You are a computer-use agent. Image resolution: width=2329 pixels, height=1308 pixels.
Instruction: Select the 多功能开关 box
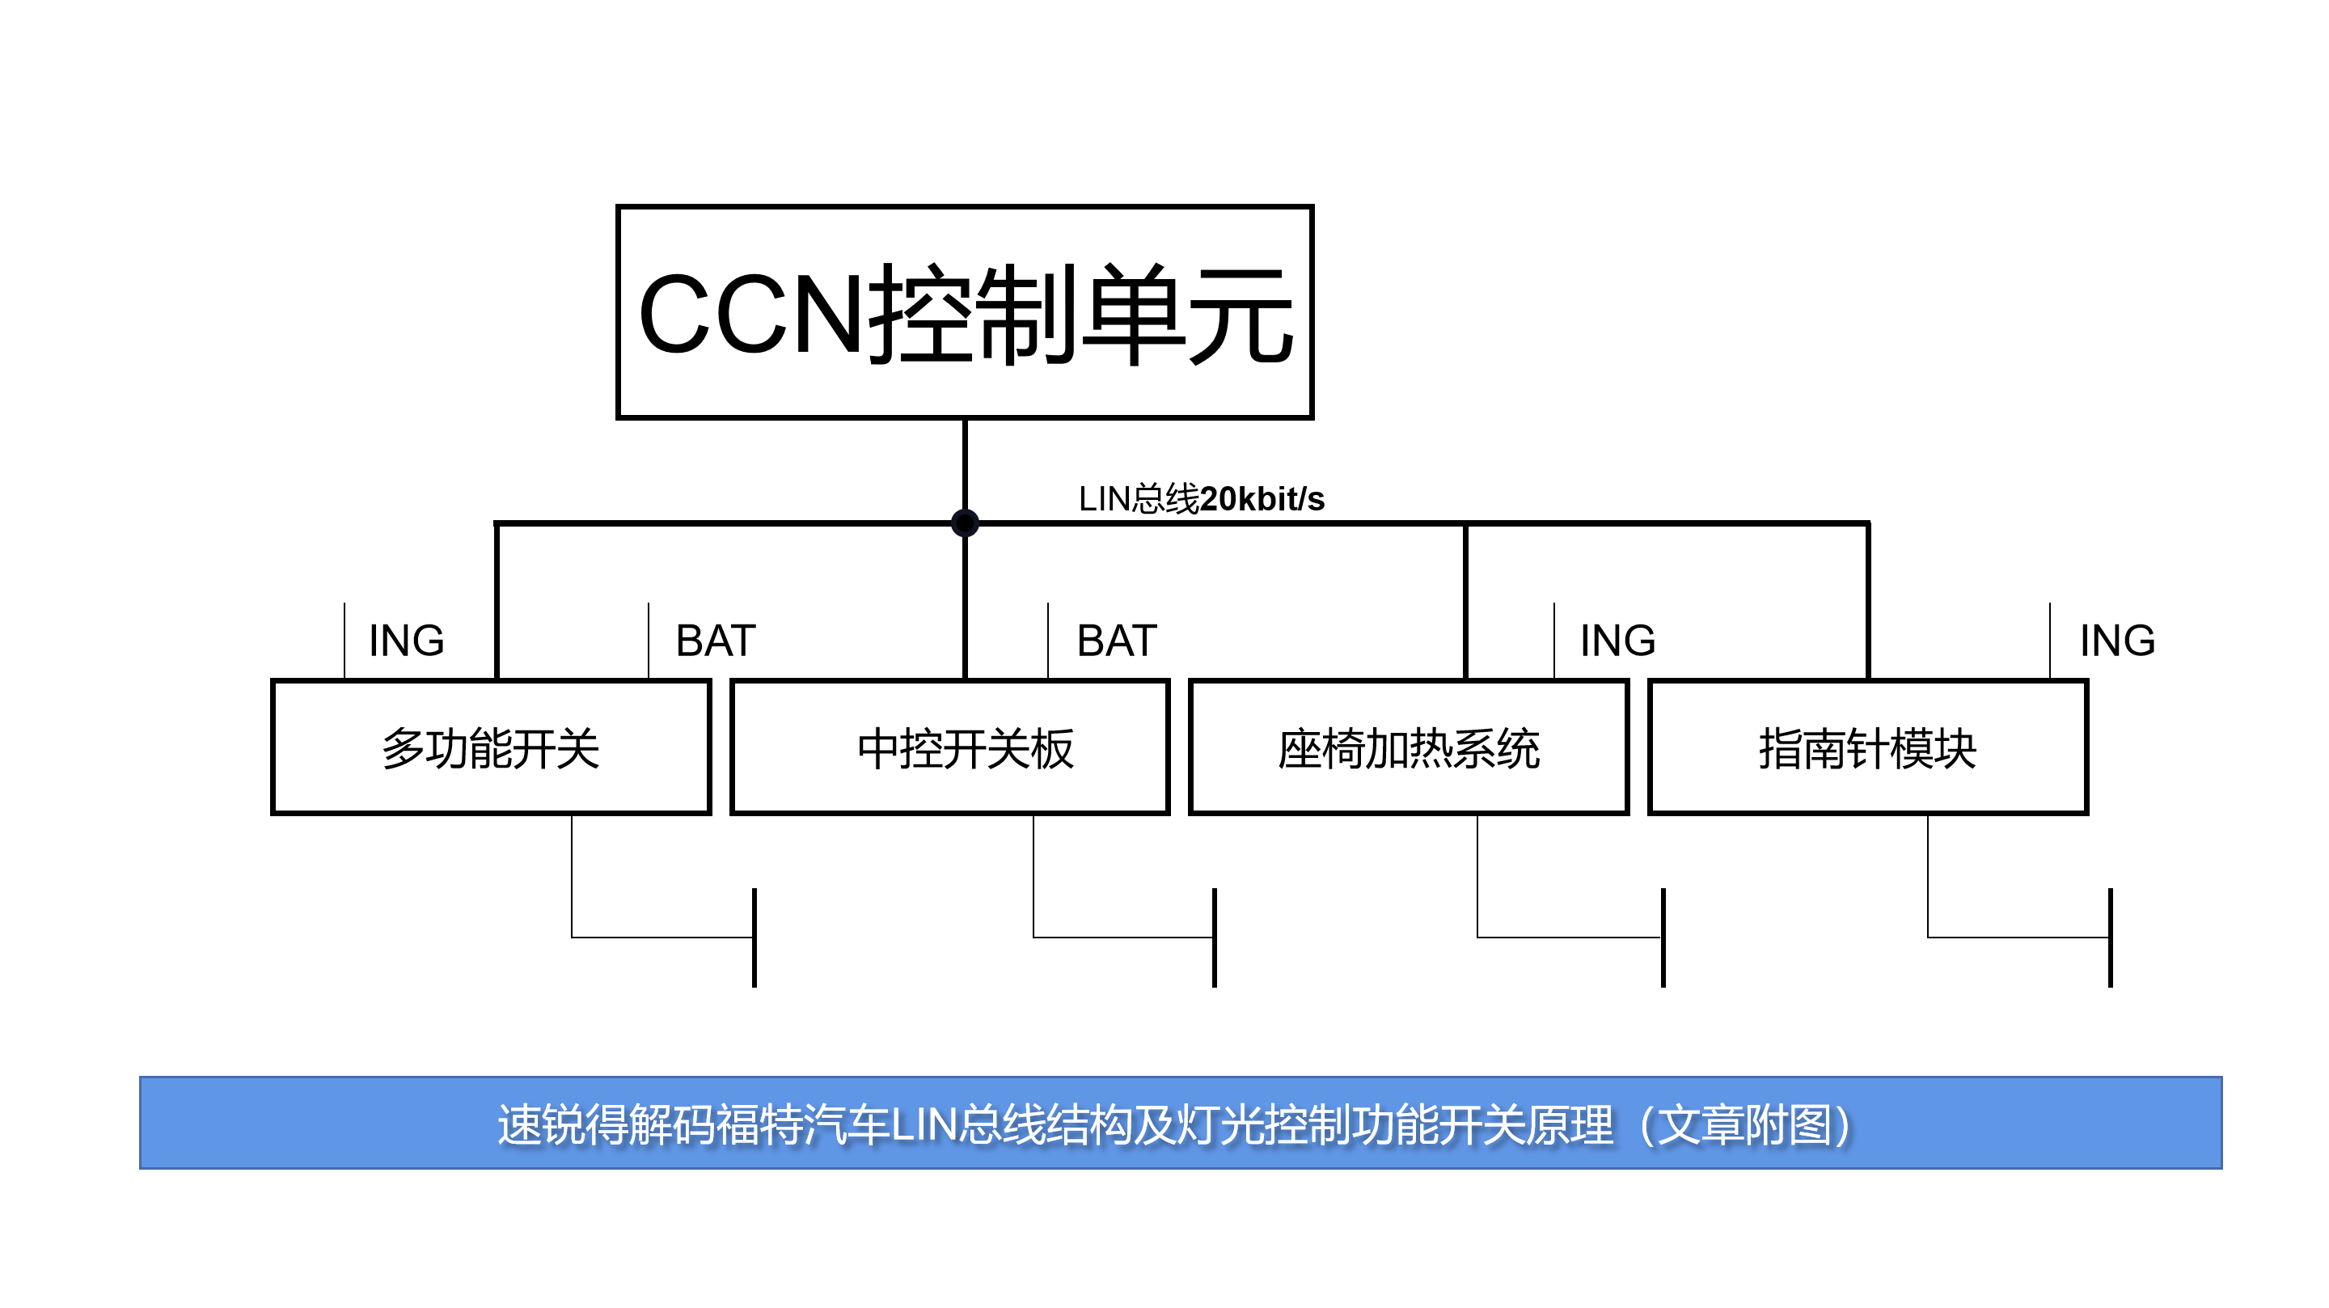pos(490,747)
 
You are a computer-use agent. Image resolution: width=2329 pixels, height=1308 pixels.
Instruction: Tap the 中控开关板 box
pos(949,747)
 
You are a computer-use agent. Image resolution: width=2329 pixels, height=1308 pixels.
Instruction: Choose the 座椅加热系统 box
pos(1408,747)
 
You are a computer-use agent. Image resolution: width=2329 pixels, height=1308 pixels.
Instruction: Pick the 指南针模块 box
pos(1867,747)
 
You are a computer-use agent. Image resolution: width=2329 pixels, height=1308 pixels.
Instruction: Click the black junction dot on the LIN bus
pos(965,522)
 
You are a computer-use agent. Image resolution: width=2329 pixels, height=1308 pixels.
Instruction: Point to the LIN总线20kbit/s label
pos(1201,498)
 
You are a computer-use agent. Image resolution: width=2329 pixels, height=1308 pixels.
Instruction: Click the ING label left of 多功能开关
pos(406,641)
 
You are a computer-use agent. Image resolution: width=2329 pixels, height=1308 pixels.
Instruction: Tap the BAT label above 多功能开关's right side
pos(715,641)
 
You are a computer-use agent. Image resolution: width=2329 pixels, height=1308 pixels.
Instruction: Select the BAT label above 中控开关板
pos(1117,641)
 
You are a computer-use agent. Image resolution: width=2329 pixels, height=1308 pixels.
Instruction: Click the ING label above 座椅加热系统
pos(1617,641)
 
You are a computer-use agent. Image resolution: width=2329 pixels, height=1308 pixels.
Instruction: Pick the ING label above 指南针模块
pos(2117,641)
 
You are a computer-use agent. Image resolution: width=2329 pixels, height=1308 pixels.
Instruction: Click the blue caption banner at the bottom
pos(1180,1123)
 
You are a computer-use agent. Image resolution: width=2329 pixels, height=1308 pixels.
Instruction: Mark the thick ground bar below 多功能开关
pos(754,938)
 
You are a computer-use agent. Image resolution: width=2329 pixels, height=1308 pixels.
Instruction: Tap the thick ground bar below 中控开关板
pos(1214,938)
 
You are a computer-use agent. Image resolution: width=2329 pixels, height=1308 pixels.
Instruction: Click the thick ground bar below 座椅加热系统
pos(1663,938)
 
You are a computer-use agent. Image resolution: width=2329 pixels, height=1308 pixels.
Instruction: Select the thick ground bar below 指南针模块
pos(2110,938)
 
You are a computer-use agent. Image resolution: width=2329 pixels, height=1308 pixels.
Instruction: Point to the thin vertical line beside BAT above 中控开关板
pos(1048,641)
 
